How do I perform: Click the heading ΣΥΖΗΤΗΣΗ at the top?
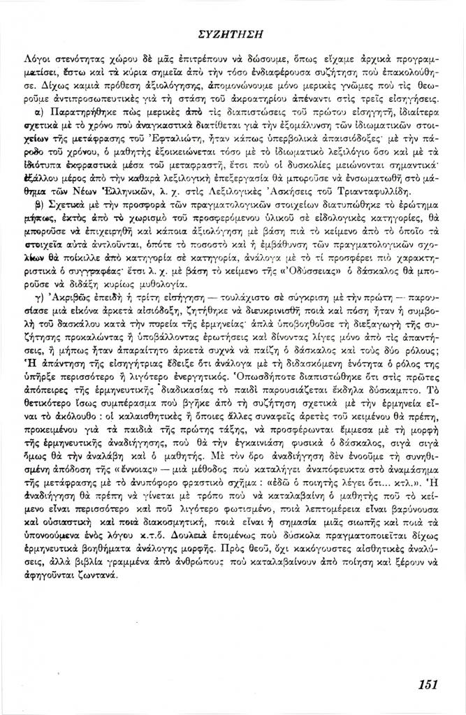(x=233, y=33)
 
